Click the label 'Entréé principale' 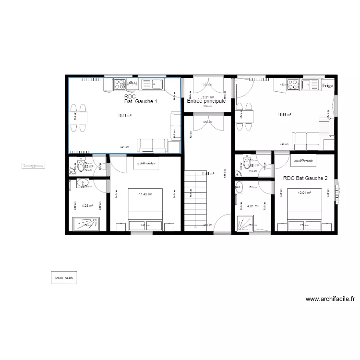pyautogui.click(x=206, y=101)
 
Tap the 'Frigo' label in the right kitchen pyautogui.click(x=328, y=86)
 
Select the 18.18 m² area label pyautogui.click(x=124, y=116)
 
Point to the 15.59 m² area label pyautogui.click(x=285, y=115)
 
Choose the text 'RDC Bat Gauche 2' pyautogui.click(x=305, y=179)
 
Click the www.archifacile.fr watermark pyautogui.click(x=333, y=299)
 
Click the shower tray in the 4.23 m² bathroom pyautogui.click(x=87, y=223)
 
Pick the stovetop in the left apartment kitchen pyautogui.click(x=119, y=84)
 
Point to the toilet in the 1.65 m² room pyautogui.click(x=239, y=166)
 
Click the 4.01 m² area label pyautogui.click(x=253, y=206)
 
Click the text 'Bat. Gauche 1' pyautogui.click(x=141, y=102)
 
